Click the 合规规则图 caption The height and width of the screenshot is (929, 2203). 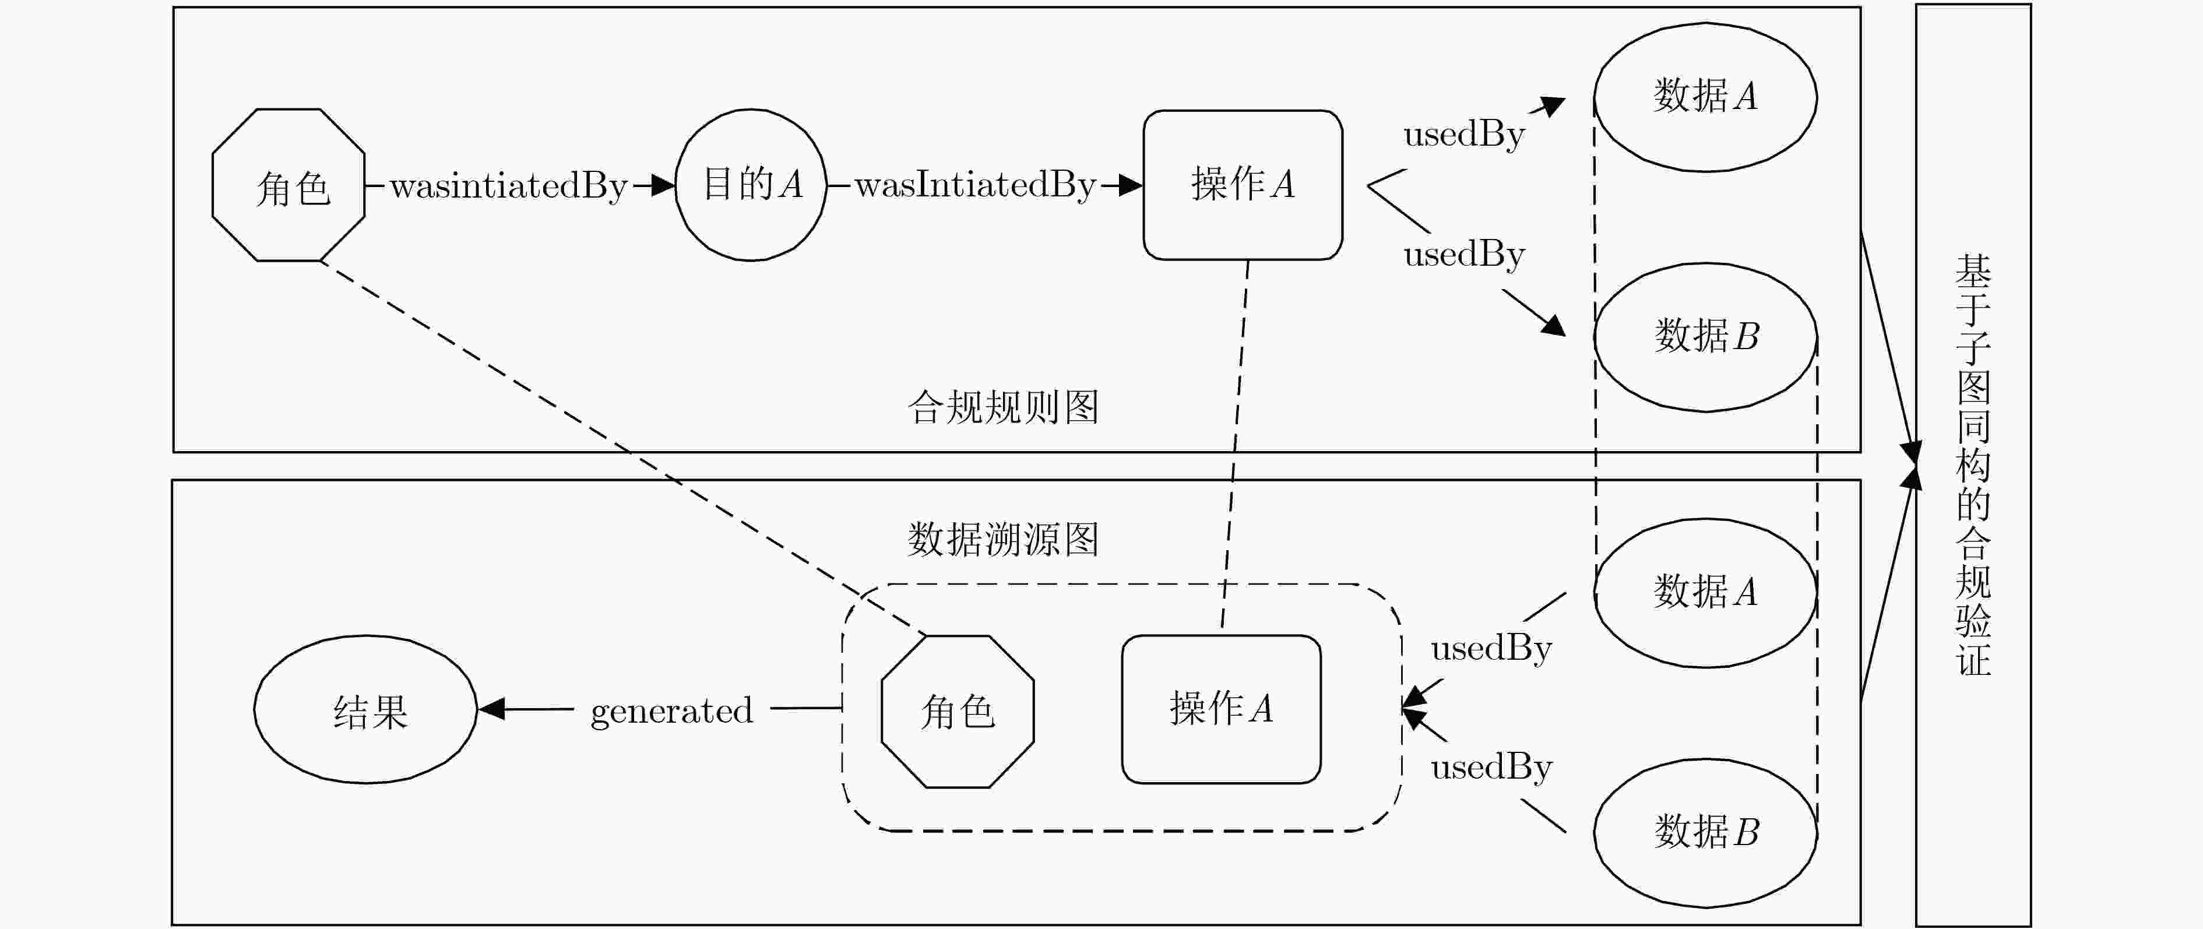tap(1003, 407)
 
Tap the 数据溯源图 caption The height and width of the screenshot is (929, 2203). tap(1003, 540)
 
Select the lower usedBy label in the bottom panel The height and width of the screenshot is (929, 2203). tap(1491, 768)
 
